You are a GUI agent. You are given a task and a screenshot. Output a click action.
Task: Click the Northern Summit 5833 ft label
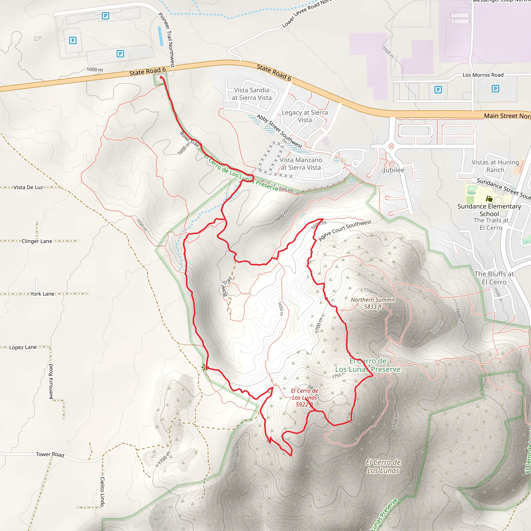click(x=373, y=303)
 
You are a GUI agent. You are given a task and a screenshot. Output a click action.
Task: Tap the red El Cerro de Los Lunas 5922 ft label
click(x=305, y=397)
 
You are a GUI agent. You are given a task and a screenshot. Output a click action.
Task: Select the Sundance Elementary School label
click(x=489, y=210)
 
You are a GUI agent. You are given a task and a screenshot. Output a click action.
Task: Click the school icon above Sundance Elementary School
click(x=489, y=198)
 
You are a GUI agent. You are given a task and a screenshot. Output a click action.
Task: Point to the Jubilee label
click(x=394, y=170)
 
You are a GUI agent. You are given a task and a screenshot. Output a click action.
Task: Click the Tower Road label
click(x=50, y=454)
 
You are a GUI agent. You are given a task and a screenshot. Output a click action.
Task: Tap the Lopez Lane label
click(x=23, y=347)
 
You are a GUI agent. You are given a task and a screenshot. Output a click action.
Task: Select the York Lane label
click(x=42, y=294)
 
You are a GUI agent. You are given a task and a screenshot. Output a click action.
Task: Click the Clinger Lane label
click(x=37, y=241)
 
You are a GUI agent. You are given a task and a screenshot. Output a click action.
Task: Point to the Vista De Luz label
click(x=28, y=187)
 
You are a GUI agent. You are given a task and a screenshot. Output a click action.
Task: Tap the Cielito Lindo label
click(x=102, y=492)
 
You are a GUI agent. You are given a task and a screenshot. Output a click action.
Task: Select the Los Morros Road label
click(x=483, y=75)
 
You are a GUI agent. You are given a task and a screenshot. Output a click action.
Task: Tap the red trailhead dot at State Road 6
click(x=161, y=78)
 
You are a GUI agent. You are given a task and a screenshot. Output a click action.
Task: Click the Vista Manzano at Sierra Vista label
click(x=301, y=164)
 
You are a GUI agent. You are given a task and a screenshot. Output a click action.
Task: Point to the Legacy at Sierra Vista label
click(x=305, y=116)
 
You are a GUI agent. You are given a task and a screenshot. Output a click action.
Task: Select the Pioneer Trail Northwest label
click(x=166, y=40)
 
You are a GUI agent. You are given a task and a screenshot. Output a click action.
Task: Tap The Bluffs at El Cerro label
click(x=494, y=278)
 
